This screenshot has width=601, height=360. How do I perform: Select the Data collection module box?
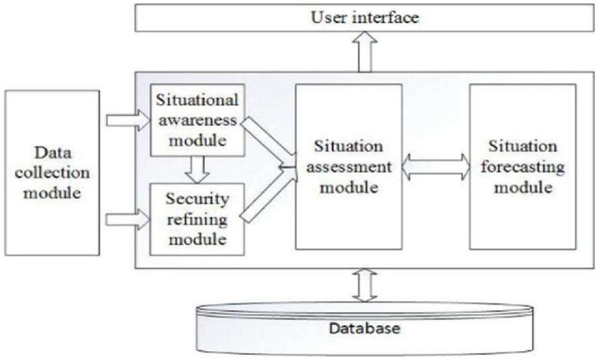(52, 173)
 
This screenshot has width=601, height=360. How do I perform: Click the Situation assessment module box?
(348, 166)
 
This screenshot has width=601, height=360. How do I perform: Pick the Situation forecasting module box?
(522, 166)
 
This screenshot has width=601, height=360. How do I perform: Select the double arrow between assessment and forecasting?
(435, 167)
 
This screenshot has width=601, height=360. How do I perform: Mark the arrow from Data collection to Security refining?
(128, 219)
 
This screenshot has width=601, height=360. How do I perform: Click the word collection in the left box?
(52, 173)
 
